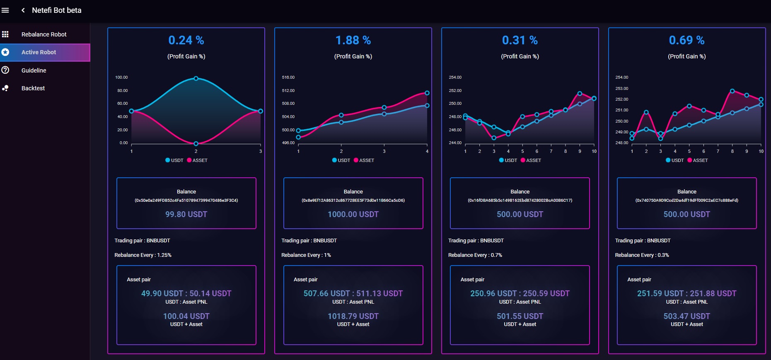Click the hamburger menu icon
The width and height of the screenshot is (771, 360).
click(x=5, y=10)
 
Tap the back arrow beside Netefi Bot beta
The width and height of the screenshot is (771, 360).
click(x=23, y=10)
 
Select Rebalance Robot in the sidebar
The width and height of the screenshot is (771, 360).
click(x=44, y=34)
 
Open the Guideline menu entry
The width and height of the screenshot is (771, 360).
click(x=34, y=70)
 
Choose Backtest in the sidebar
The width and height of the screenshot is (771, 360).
click(x=33, y=88)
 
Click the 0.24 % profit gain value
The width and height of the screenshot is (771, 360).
click(x=186, y=40)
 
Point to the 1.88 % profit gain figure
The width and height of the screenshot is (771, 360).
click(x=353, y=40)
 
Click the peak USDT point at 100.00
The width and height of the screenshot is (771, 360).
click(x=196, y=78)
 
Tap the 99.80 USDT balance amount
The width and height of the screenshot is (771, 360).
click(x=186, y=214)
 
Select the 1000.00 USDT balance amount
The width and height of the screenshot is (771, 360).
click(x=353, y=214)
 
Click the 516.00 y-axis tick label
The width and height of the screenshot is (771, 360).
click(x=288, y=77)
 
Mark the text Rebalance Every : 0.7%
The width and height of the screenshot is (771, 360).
click(x=475, y=255)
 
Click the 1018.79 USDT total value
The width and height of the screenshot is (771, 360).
click(x=353, y=316)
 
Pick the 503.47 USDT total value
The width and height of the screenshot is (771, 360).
click(x=686, y=316)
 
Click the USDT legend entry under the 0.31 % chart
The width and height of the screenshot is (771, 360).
click(x=508, y=160)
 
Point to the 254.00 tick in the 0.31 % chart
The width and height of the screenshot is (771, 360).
click(x=455, y=77)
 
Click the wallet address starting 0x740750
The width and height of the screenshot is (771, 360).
click(x=686, y=201)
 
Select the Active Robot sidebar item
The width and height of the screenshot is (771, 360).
click(x=39, y=52)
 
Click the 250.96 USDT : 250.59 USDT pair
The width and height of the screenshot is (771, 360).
click(x=520, y=293)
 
